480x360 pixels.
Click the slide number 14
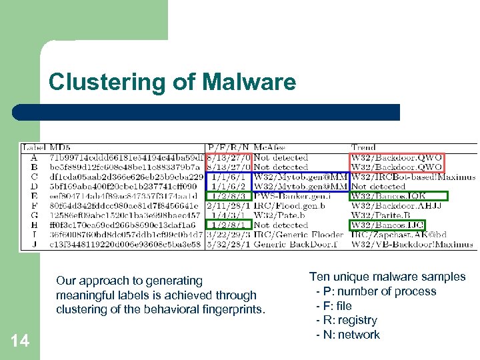(21, 341)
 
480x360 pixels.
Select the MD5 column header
(60, 147)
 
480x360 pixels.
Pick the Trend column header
(363, 147)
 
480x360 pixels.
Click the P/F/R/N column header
(229, 147)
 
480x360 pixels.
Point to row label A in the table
(33, 157)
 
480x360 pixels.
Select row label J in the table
(33, 245)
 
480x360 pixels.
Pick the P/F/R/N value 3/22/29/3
(229, 235)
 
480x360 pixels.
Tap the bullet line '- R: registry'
(346, 320)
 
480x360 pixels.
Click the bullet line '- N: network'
(347, 335)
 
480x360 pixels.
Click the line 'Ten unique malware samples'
(387, 277)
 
